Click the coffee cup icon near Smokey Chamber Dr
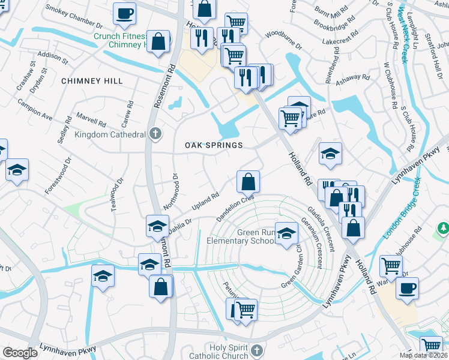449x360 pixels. [124, 13]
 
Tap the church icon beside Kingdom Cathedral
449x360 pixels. [155, 134]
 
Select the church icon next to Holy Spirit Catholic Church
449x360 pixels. [256, 349]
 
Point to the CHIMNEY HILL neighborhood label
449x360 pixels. [92, 81]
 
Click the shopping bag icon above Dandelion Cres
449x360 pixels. [247, 180]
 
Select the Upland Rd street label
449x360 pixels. [205, 202]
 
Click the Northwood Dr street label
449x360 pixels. [175, 187]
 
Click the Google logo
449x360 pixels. [20, 353]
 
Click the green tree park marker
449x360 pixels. [443, 229]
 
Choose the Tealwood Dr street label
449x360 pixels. [116, 194]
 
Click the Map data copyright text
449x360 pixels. [424, 355]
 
